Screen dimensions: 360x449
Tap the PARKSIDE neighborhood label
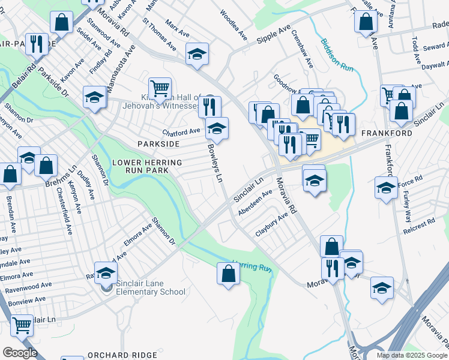point(158,144)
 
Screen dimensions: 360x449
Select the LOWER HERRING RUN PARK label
point(147,167)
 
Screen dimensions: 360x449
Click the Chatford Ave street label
point(181,131)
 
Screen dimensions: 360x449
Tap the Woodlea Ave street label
point(234,25)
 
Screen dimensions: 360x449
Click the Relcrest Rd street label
point(419,225)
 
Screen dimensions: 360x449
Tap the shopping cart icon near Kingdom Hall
point(160,89)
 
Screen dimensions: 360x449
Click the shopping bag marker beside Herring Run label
point(229,274)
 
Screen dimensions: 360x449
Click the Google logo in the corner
point(19,353)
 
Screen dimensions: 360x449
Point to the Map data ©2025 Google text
point(412,355)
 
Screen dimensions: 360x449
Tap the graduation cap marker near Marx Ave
point(197,54)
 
